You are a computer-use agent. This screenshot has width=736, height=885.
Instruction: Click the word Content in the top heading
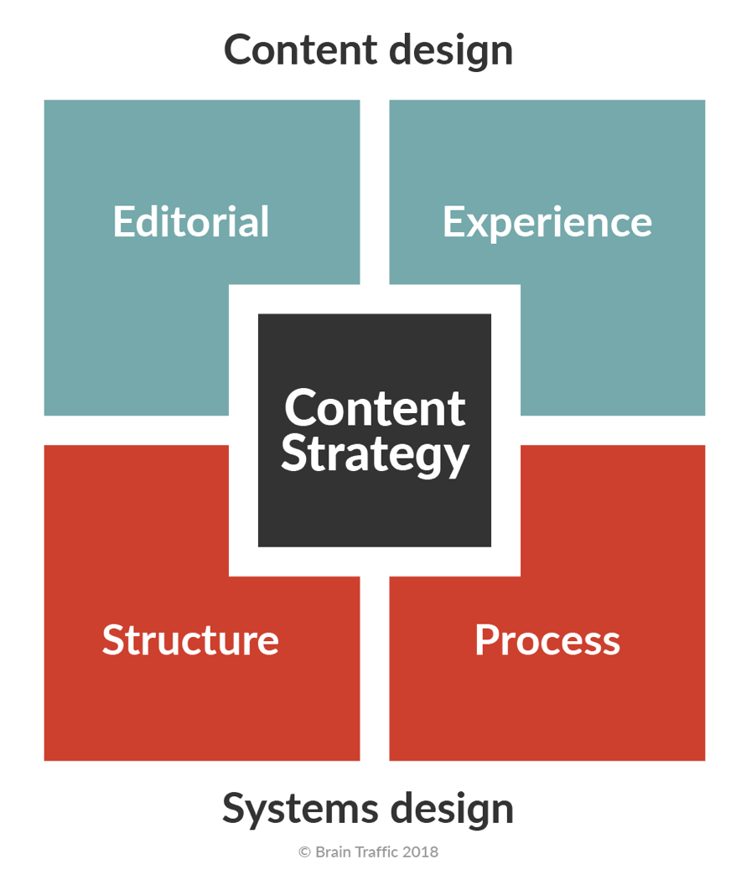293,49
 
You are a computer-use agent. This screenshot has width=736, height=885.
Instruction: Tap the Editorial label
191,222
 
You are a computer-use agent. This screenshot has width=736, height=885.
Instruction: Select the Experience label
547,223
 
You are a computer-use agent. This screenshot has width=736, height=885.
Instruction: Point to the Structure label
190,639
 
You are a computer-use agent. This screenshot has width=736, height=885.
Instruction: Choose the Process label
547,640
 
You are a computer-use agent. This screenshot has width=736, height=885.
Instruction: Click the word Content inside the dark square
375,408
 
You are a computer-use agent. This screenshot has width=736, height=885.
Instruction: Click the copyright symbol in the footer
305,852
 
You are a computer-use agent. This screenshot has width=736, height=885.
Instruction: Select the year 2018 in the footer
420,852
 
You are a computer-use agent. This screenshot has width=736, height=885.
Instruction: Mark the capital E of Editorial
123,222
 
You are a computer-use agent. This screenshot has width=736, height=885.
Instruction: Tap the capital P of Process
486,640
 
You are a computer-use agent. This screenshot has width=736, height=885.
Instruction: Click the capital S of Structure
114,639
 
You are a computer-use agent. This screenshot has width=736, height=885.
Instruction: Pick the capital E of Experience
453,222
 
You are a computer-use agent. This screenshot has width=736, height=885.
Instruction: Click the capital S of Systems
235,809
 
